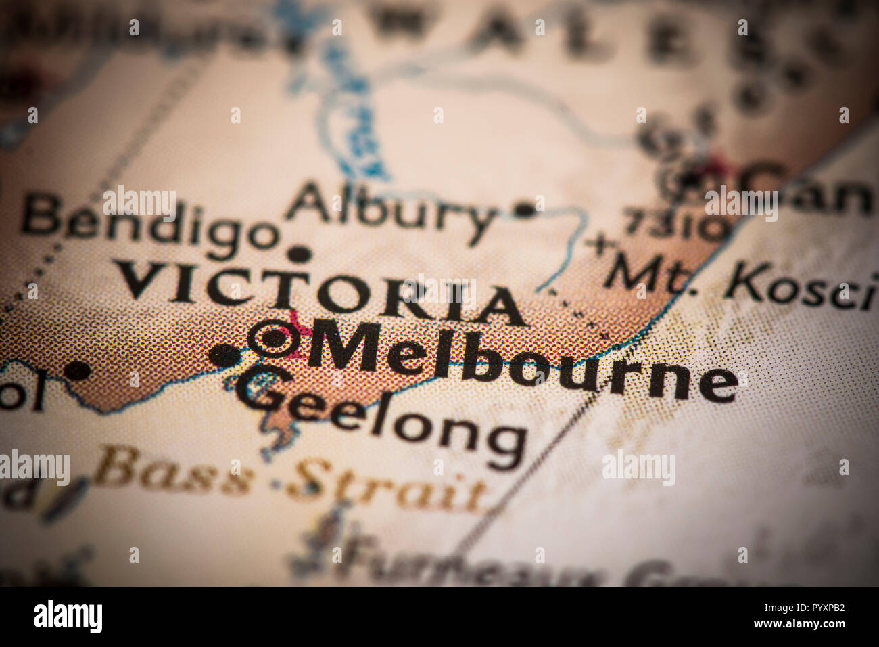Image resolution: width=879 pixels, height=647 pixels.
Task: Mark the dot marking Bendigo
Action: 299,254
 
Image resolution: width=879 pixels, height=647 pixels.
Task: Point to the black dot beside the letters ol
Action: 78,370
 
